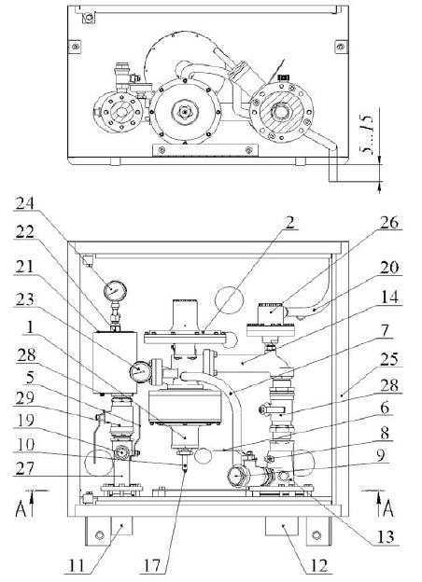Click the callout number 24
click(24, 203)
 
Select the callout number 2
click(290, 222)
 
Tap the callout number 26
click(389, 222)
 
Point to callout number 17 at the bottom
click(152, 566)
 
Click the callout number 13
click(386, 536)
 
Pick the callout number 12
click(319, 566)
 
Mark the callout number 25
click(389, 359)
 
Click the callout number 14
click(389, 297)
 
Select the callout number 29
click(24, 397)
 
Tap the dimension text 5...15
click(366, 134)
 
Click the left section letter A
click(21, 508)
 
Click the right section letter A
click(387, 508)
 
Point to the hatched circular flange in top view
click(281, 111)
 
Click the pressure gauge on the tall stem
click(115, 291)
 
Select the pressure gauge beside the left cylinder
click(140, 371)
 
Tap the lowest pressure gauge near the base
click(237, 476)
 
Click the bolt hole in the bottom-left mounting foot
click(100, 534)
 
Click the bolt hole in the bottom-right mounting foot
click(316, 534)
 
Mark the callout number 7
click(385, 330)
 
